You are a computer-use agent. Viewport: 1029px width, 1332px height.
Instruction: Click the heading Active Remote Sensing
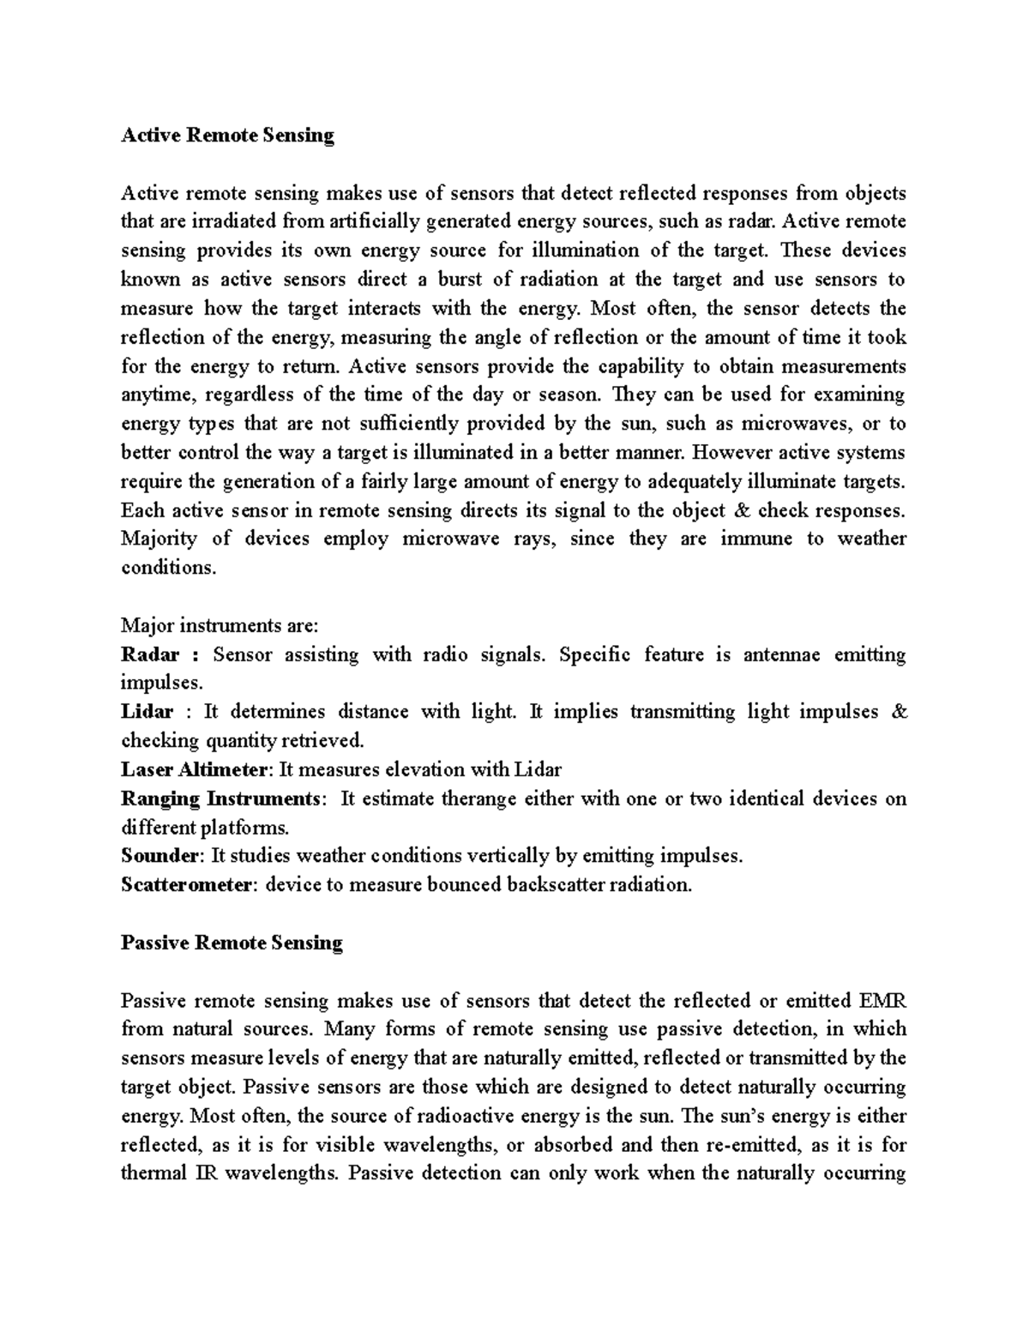227,136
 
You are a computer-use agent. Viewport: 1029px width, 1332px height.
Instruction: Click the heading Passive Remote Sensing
232,943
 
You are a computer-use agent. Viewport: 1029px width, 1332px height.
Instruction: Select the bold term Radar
150,655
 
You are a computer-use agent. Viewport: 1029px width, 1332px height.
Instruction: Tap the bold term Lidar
147,712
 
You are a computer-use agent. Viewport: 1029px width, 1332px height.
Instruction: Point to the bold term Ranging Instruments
220,799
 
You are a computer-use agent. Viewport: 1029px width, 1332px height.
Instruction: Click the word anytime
151,395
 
